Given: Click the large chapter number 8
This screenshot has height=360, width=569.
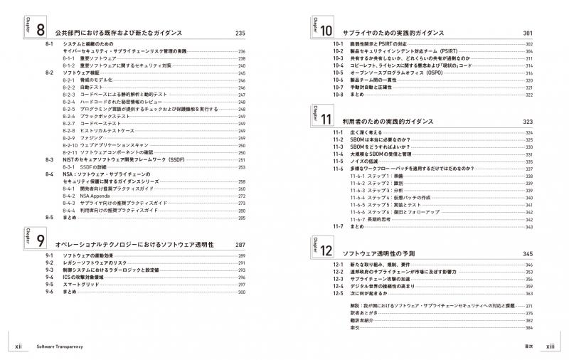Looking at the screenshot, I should (x=39, y=33).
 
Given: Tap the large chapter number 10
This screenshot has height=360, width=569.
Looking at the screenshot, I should (x=326, y=33).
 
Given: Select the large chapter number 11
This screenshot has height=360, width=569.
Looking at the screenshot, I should (x=326, y=121).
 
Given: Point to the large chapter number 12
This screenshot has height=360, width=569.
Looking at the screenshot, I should (x=326, y=252).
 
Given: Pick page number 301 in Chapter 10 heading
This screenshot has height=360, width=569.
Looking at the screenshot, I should (x=527, y=33).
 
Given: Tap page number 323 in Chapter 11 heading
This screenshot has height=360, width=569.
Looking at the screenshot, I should (x=527, y=122).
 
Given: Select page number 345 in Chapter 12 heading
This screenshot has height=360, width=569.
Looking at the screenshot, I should (x=527, y=253).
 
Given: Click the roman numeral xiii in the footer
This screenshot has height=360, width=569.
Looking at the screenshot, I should (x=550, y=346).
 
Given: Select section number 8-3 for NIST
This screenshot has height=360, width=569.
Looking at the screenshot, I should (x=50, y=160).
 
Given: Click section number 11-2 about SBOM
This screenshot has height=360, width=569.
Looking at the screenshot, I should (x=337, y=140).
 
